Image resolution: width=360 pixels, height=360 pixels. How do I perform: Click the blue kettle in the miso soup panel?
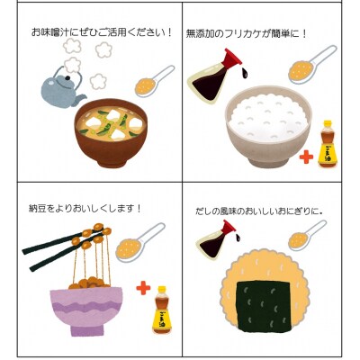(61, 87)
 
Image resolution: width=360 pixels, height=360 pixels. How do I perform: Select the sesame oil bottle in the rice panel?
(328, 144)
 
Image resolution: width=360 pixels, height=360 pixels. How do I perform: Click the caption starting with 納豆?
(86, 208)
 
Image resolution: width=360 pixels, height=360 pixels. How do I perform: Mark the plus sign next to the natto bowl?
(142, 289)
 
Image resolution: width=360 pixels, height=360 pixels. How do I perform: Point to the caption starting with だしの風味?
(261, 211)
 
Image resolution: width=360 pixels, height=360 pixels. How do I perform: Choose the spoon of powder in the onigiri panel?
(305, 235)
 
